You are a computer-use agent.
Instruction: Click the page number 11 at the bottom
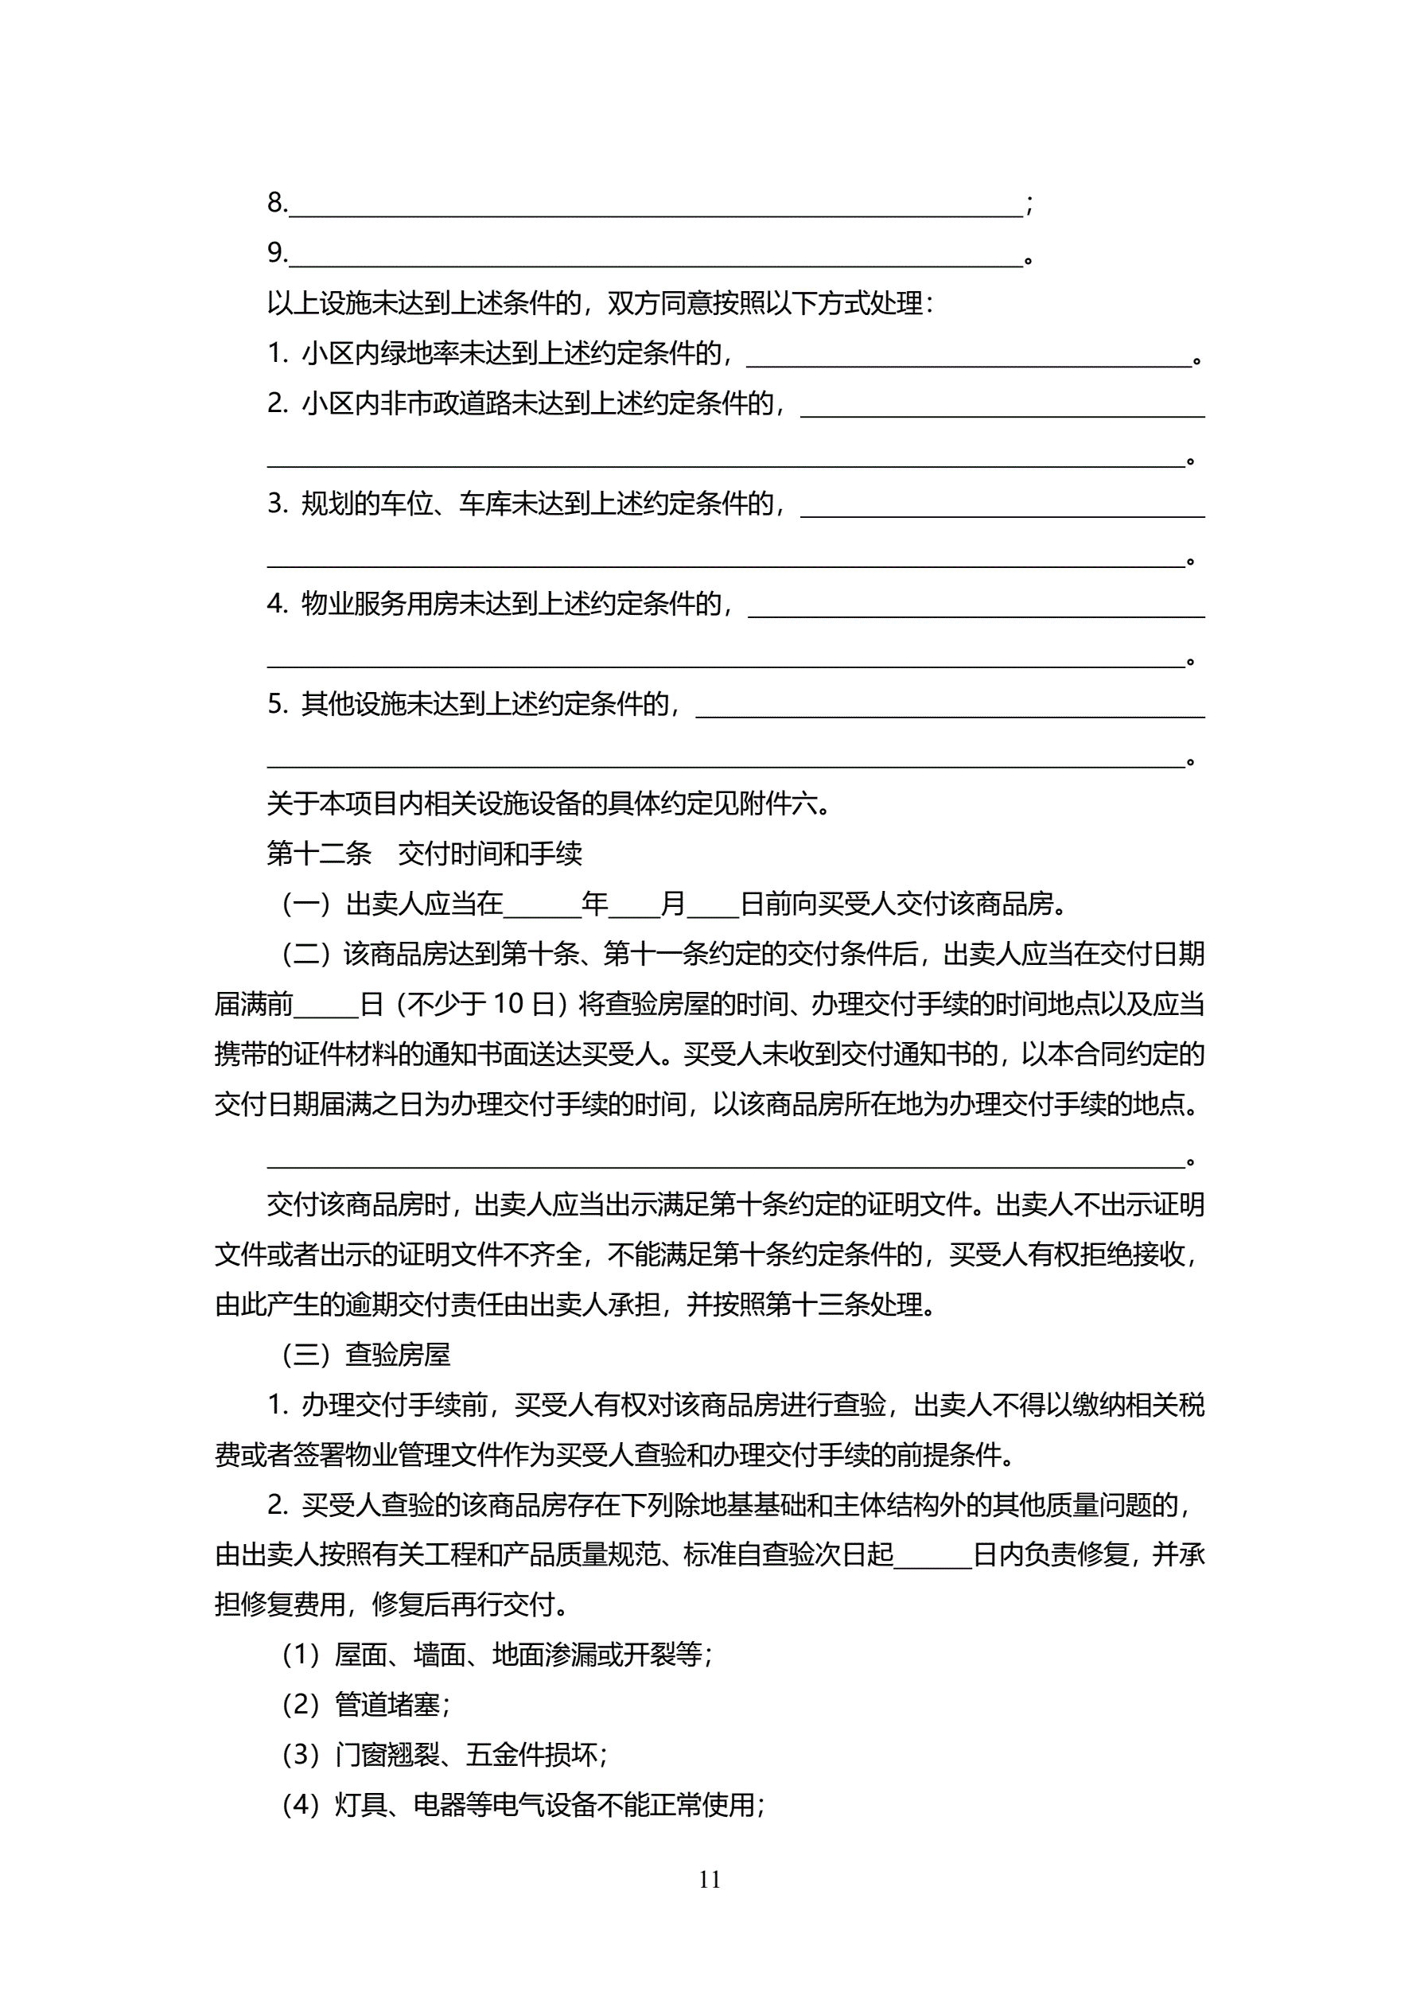[709, 1878]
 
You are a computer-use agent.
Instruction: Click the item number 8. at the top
[276, 203]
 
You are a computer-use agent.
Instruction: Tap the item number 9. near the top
[276, 253]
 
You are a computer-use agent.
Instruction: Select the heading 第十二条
[319, 853]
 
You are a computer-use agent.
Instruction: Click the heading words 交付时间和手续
[490, 853]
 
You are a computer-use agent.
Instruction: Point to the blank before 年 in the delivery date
[542, 904]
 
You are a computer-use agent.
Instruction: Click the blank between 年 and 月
[634, 904]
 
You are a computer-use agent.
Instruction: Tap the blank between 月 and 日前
[713, 904]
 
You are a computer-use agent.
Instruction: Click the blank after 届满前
[326, 1005]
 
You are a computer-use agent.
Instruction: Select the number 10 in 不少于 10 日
[508, 1005]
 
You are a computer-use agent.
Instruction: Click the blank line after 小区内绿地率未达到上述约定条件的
[969, 355]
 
